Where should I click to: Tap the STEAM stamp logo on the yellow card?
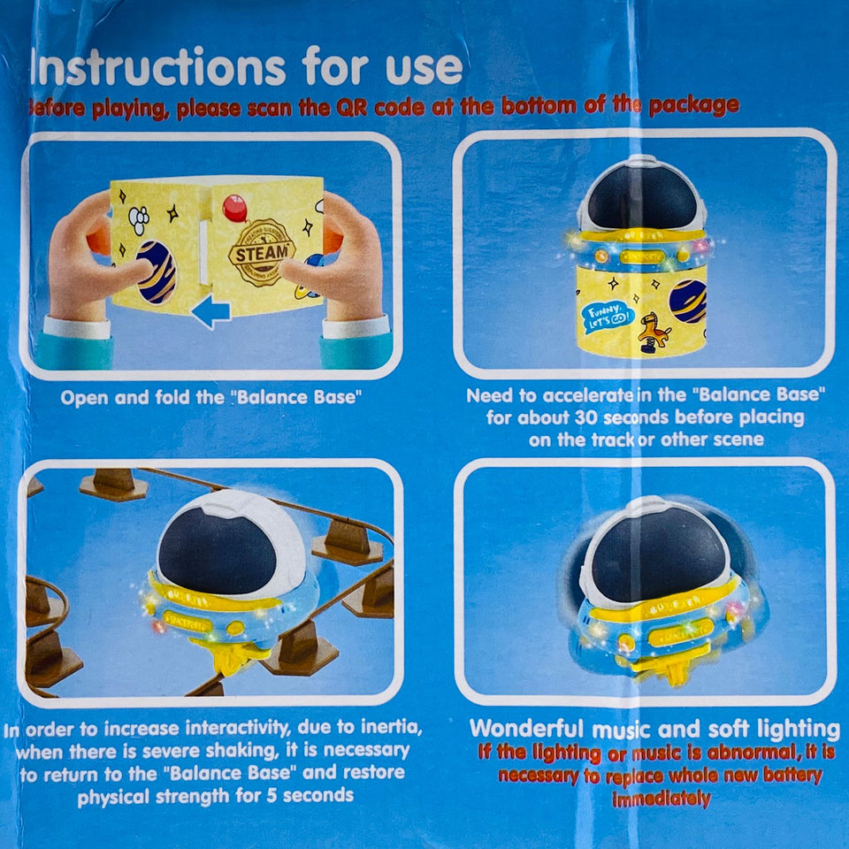click(263, 252)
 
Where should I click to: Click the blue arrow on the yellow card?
click(210, 311)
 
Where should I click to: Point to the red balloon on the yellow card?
click(235, 208)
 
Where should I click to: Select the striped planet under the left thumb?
click(157, 272)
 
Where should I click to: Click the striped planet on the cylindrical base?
click(688, 301)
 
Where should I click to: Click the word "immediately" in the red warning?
click(662, 799)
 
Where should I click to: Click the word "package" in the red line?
click(692, 107)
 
